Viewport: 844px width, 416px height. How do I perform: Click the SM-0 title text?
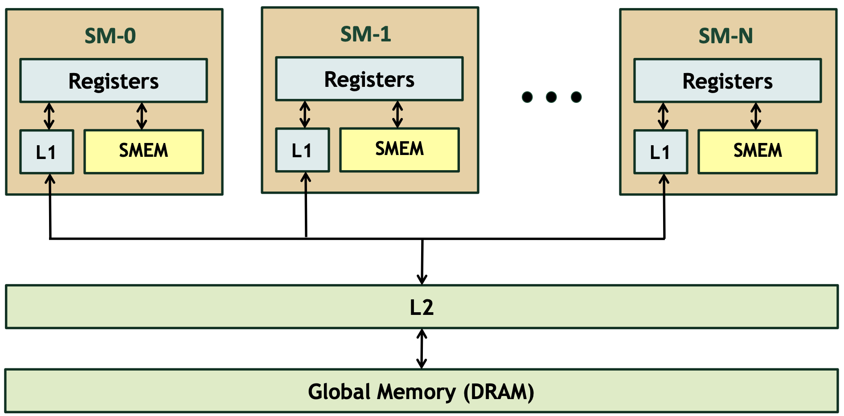110,36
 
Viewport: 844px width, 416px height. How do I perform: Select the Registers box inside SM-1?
369,79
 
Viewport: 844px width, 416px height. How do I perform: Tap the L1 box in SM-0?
46,152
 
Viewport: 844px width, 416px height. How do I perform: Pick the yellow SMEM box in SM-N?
757,151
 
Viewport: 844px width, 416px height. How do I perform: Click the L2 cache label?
422,307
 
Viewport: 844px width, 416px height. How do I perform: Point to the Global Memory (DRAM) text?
421,392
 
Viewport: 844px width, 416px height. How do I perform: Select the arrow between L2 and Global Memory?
422,349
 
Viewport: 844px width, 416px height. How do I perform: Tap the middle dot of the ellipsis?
551,97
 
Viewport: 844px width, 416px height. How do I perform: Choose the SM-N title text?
725,36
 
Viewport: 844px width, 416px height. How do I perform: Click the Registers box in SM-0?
113,81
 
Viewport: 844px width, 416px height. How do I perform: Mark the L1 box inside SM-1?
302,150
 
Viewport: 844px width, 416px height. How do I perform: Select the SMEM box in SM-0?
143,151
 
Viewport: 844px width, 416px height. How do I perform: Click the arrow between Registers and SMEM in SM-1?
397,114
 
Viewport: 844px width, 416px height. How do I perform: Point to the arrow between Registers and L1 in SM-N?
663,116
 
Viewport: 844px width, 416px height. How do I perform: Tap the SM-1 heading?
365,34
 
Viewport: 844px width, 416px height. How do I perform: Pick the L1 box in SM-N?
660,152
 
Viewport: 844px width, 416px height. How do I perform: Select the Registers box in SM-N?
727,81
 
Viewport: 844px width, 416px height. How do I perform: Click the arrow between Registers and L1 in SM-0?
49,116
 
